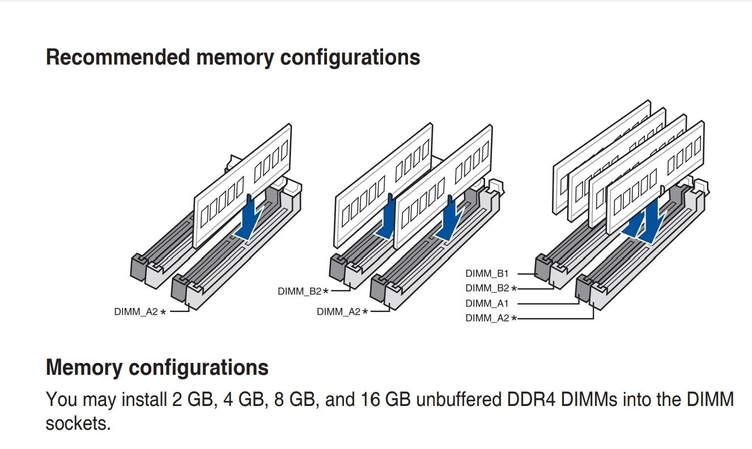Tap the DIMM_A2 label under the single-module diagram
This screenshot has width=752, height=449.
136,312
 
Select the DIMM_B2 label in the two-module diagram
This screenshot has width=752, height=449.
299,292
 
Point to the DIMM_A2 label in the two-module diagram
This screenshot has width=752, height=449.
338,312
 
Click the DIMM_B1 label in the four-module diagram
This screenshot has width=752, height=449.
487,274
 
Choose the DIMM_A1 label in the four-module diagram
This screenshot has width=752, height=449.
487,303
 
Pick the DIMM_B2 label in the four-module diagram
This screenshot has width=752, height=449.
487,289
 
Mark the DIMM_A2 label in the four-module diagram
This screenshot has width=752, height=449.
487,318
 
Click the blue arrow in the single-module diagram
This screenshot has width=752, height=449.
250,218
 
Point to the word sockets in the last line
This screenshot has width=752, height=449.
78,423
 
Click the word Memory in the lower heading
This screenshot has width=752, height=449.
84,367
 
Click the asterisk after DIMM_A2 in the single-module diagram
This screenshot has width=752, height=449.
163,312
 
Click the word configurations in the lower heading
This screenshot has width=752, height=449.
198,367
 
